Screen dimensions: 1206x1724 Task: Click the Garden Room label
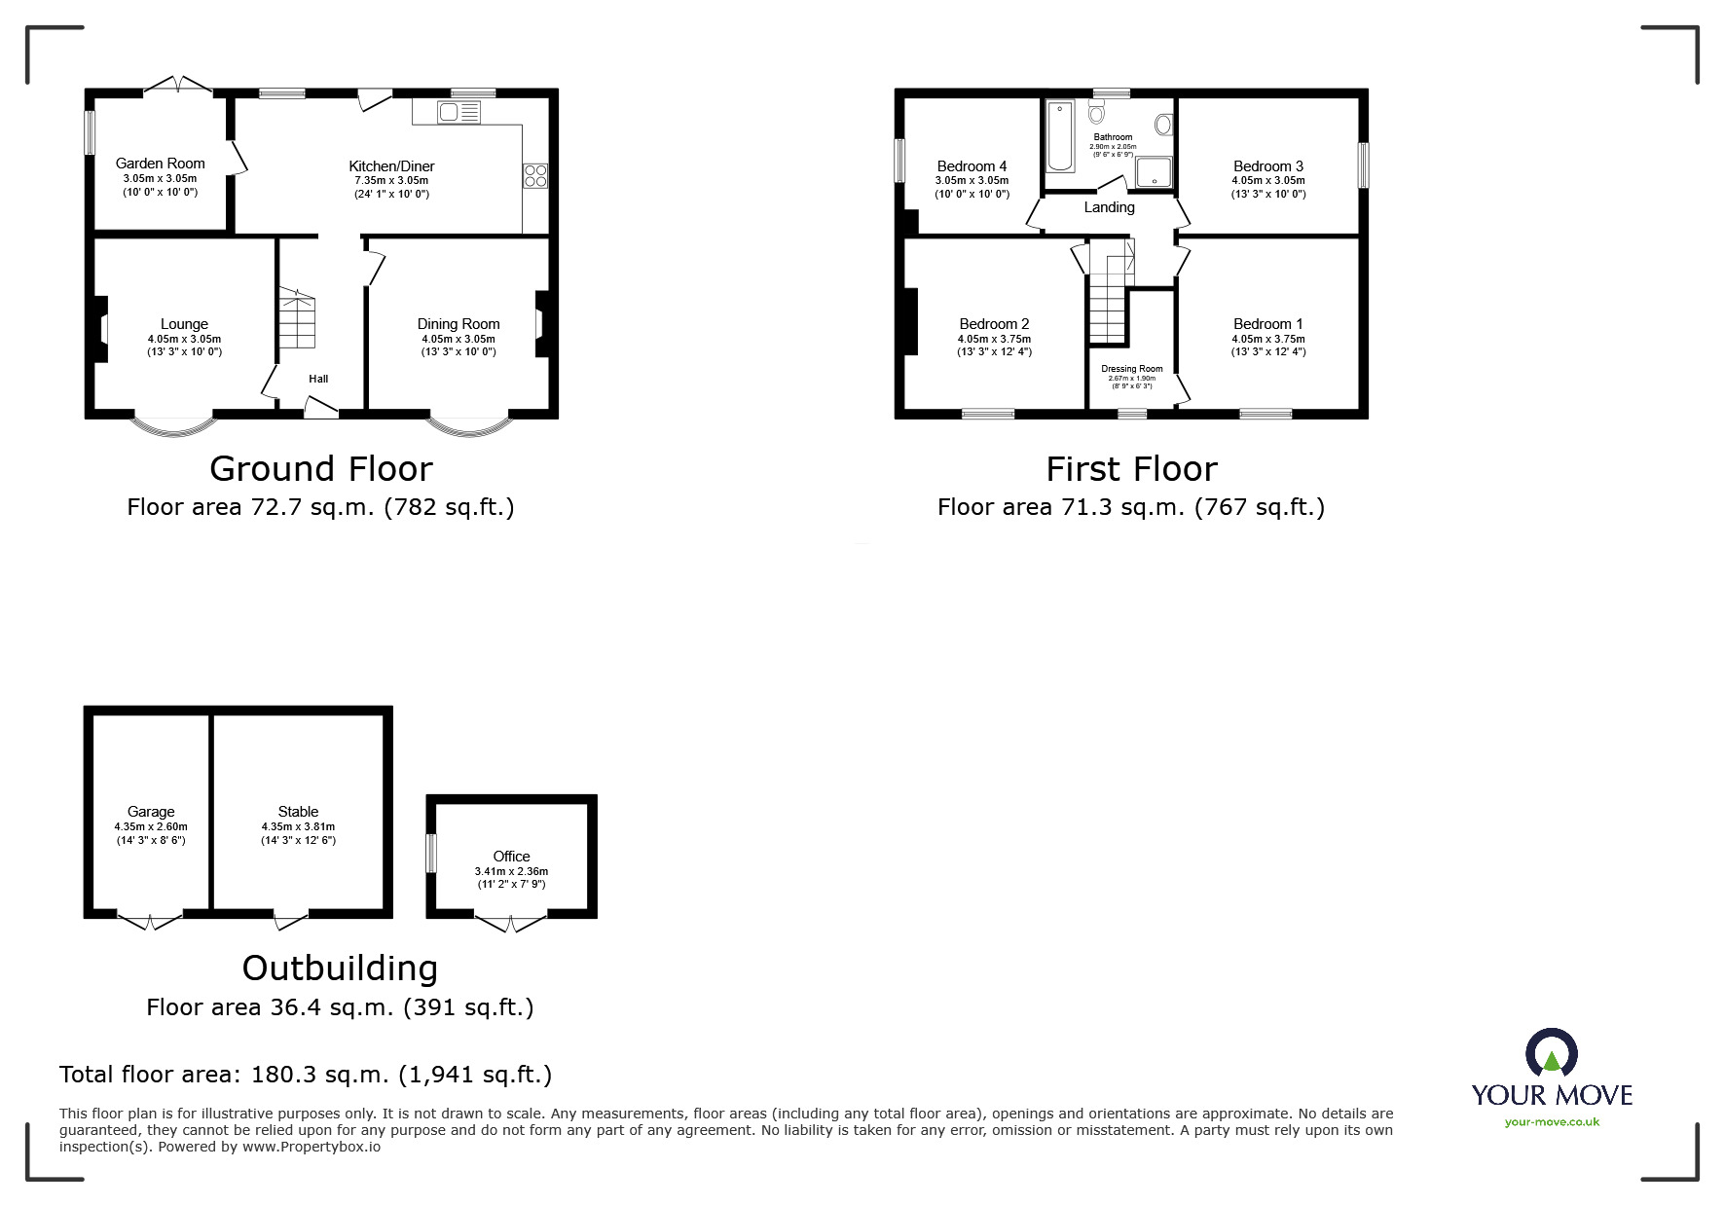point(160,164)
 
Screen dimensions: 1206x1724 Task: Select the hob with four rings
point(535,176)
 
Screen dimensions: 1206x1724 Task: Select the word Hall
point(318,379)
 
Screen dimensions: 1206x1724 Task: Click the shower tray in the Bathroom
point(1154,171)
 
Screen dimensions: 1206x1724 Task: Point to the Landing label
point(1109,207)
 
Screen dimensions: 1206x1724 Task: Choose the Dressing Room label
point(1131,369)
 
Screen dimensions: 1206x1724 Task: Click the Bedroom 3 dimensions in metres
point(1267,181)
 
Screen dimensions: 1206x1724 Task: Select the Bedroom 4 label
point(972,166)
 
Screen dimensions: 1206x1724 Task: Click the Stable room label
point(298,812)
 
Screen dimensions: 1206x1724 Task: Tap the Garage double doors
point(150,920)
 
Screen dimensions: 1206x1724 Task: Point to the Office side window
point(431,853)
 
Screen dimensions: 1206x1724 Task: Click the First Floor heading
point(1131,469)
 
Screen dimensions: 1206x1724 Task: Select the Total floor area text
point(305,1075)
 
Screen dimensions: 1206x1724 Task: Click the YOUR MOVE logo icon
point(1551,1054)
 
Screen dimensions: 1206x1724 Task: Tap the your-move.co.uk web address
point(1552,1122)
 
